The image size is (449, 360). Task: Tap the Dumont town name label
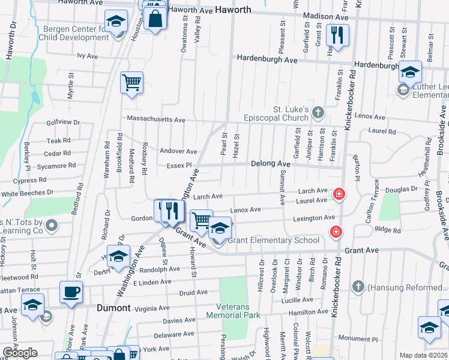tap(114, 308)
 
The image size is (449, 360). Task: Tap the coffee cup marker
tap(71, 292)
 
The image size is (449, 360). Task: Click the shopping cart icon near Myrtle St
tap(131, 82)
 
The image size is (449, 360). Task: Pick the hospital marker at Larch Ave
tap(339, 194)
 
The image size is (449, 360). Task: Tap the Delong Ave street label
tap(270, 163)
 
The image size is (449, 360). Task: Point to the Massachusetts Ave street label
tap(155, 120)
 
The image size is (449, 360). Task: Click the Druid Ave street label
tap(193, 292)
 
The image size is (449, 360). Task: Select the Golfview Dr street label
tap(63, 122)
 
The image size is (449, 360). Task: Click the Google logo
tap(20, 353)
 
